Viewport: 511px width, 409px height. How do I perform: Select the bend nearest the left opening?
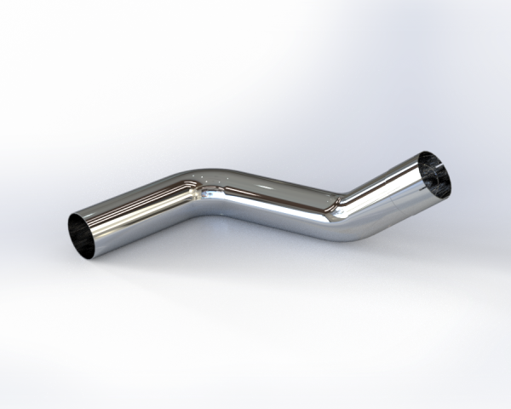pos(201,190)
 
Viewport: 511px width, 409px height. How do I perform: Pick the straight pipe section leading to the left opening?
pos(136,215)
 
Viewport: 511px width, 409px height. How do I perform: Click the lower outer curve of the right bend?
pos(345,234)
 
